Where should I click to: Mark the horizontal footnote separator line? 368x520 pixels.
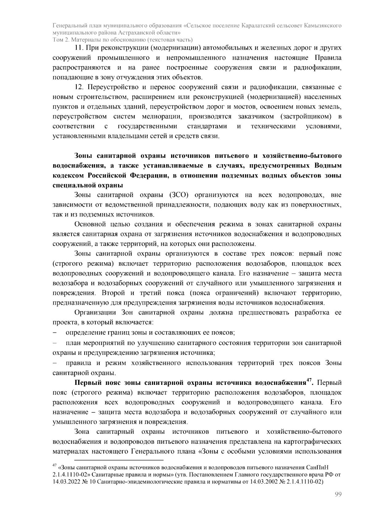[119, 460]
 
